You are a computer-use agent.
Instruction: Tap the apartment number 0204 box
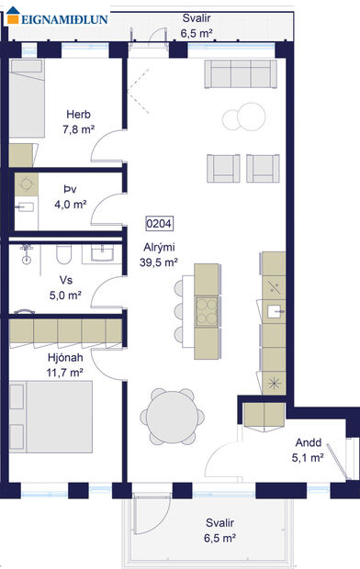pos(159,223)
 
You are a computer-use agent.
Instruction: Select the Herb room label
pos(77,115)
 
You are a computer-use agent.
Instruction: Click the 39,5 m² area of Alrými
pos(158,262)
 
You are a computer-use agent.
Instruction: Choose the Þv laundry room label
pos(70,191)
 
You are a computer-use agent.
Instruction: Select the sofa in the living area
pos(241,73)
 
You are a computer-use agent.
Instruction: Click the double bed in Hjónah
pos(52,414)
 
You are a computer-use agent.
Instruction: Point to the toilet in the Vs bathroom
pos(63,253)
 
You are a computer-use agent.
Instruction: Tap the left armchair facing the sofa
pos(224,166)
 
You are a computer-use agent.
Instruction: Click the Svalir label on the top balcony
pos(194,17)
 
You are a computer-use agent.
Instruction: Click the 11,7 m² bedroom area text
pos(64,374)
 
